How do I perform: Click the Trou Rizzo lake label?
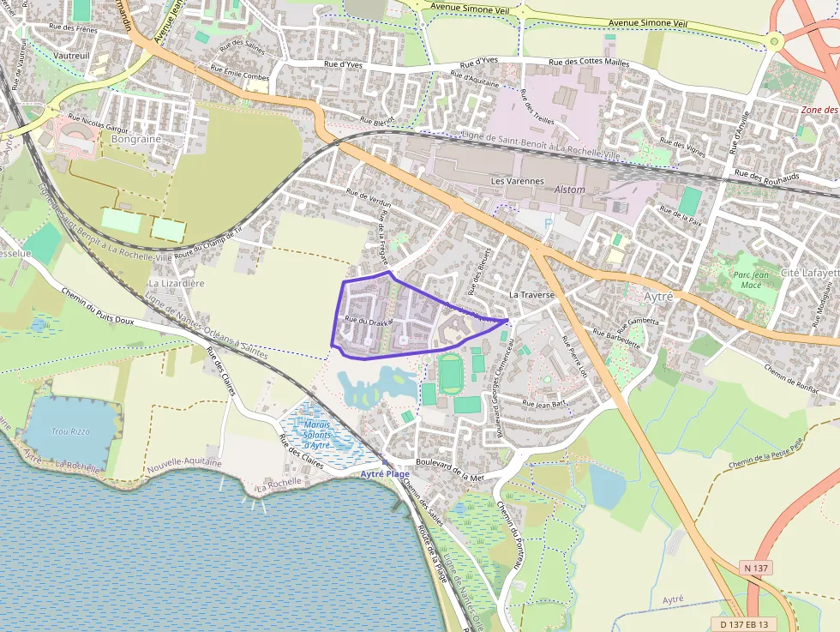(71, 431)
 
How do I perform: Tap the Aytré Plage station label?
(385, 473)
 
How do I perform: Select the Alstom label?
(569, 190)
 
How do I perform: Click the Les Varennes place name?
(517, 182)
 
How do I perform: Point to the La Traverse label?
(532, 294)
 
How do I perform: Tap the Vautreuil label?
(72, 54)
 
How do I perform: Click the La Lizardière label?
(177, 283)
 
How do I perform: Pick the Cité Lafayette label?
(809, 273)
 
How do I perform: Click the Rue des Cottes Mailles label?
(589, 63)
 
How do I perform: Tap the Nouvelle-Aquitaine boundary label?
(184, 463)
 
